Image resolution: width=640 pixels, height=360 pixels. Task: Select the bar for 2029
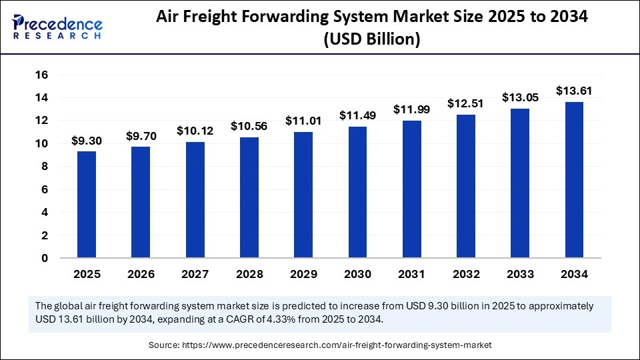click(303, 195)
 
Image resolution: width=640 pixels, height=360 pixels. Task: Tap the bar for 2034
click(574, 180)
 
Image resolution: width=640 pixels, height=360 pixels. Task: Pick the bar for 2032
click(466, 186)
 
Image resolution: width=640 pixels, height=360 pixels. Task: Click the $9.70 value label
click(141, 136)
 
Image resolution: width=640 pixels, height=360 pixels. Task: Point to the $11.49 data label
click(357, 115)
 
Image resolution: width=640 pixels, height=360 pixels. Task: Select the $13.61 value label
click(574, 91)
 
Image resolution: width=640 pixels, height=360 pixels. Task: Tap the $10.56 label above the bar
click(249, 126)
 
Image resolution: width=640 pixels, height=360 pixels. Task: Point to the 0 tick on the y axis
click(45, 258)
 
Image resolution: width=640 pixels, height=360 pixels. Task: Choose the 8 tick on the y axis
click(45, 167)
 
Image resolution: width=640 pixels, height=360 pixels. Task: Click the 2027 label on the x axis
click(195, 274)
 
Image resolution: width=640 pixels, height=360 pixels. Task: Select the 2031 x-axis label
click(411, 274)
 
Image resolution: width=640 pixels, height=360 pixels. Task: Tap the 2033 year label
click(520, 274)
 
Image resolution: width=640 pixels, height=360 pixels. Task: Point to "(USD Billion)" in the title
click(371, 39)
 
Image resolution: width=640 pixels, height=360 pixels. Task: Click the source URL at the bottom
click(341, 345)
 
